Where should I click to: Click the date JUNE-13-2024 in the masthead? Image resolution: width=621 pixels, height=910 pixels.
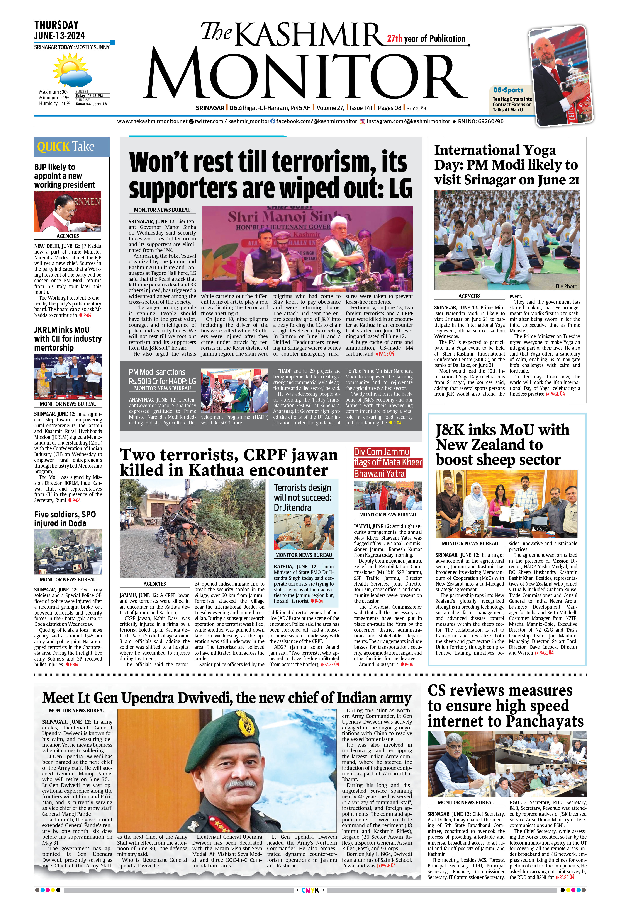point(59,36)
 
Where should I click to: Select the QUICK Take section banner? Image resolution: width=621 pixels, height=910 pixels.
point(72,147)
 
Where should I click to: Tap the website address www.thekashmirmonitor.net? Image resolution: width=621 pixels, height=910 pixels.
point(152,121)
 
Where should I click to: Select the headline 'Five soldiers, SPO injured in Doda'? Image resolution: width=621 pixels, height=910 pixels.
point(64,519)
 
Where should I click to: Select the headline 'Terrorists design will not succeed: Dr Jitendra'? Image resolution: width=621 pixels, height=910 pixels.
point(302,497)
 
